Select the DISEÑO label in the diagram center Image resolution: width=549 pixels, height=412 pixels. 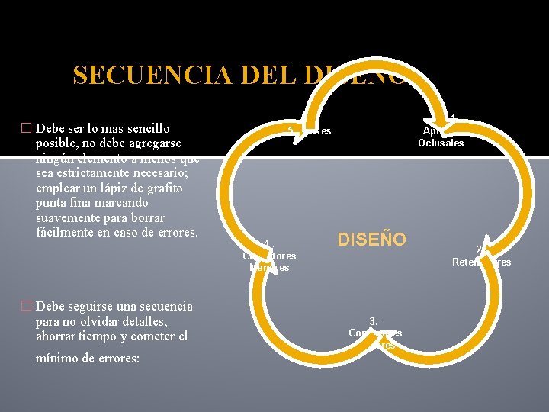click(372, 240)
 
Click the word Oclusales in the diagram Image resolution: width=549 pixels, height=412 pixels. click(441, 143)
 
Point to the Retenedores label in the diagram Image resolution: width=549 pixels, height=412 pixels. click(482, 262)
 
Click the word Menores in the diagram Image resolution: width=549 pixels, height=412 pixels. click(269, 268)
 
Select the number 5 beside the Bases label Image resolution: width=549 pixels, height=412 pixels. click(291, 130)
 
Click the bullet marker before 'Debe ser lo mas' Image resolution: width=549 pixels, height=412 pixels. click(27, 128)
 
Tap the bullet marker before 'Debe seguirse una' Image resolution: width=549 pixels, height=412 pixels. click(27, 307)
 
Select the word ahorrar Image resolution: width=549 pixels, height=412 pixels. click(59, 336)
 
